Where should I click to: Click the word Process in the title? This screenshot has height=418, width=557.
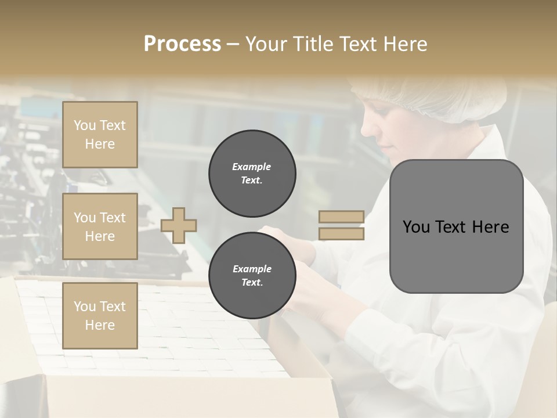coord(182,44)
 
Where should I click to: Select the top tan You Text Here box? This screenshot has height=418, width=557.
coord(100,135)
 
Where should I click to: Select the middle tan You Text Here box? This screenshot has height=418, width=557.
coord(100,226)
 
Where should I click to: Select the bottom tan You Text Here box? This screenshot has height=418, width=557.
coord(100,315)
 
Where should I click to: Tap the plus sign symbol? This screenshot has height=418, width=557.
coord(179,225)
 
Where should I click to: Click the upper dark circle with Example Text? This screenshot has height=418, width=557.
coord(252,174)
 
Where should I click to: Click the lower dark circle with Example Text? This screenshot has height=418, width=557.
coord(252,276)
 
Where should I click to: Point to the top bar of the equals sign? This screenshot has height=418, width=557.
coord(342,217)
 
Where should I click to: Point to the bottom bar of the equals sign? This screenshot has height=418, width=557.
coord(342,233)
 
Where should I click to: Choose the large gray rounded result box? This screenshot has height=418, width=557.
coord(456,226)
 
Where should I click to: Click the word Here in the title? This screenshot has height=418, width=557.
coord(406,44)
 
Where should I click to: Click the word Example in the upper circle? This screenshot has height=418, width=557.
coord(252,167)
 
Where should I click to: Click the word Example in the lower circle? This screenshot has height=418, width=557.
coord(252,269)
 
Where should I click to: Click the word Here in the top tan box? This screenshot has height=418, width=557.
coord(100,144)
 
